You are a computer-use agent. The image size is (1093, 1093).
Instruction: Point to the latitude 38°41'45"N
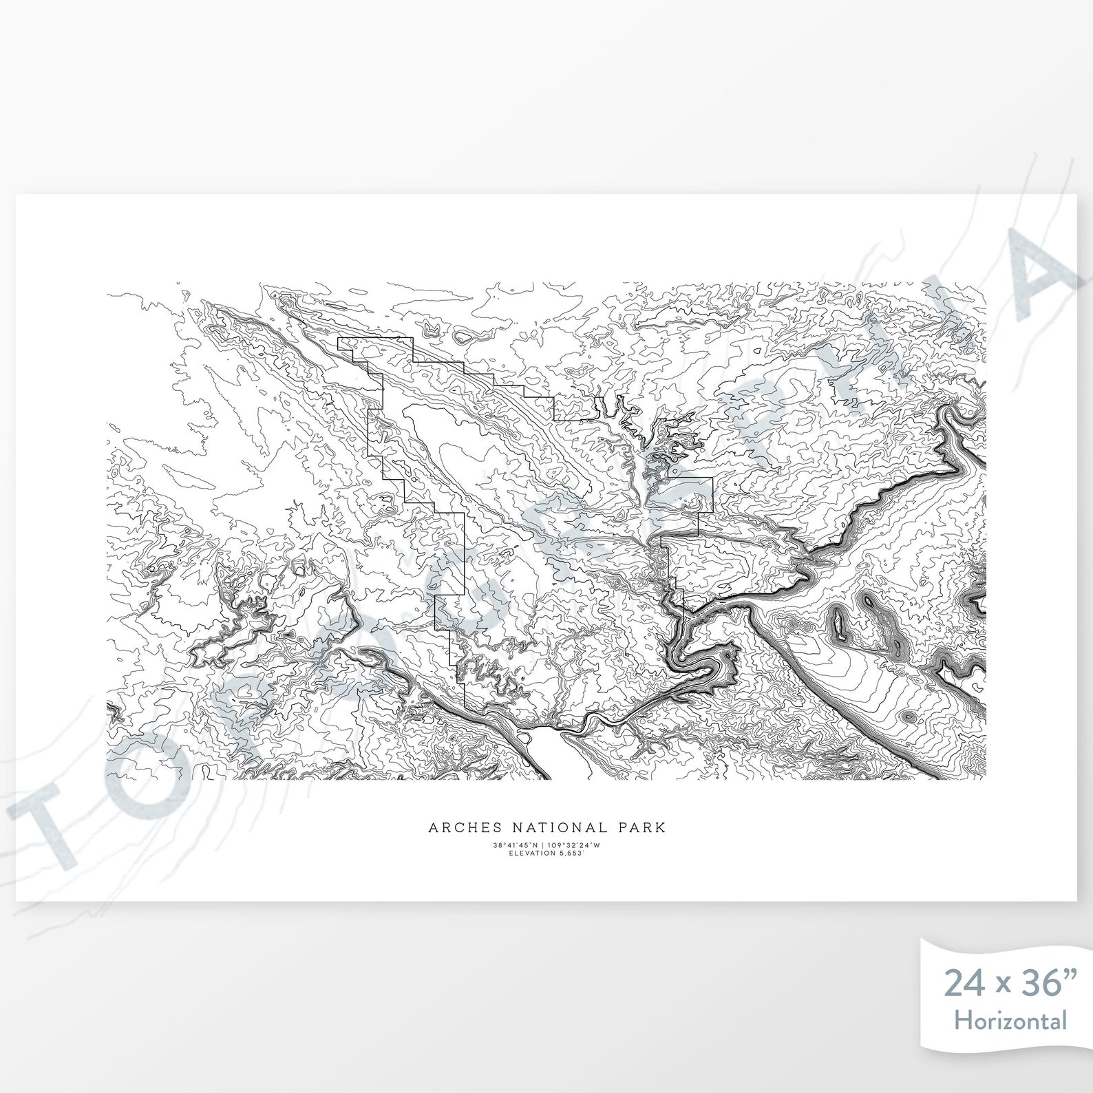click(x=516, y=845)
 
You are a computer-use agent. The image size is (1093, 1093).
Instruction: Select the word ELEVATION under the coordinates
click(x=530, y=853)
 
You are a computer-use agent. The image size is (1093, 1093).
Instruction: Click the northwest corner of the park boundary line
click(x=337, y=340)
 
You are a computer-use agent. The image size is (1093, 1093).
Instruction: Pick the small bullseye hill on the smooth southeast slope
click(x=909, y=717)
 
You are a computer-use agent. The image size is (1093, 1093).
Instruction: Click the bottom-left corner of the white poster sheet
click(x=17, y=900)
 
